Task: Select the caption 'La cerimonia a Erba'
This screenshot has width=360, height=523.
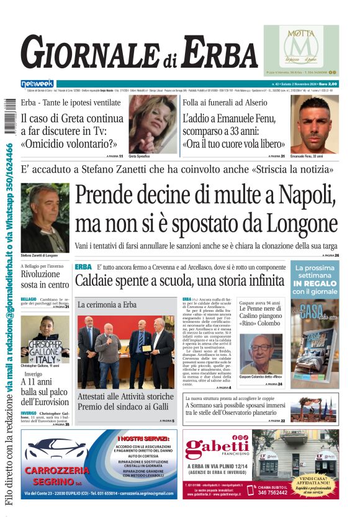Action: click(x=107, y=305)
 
